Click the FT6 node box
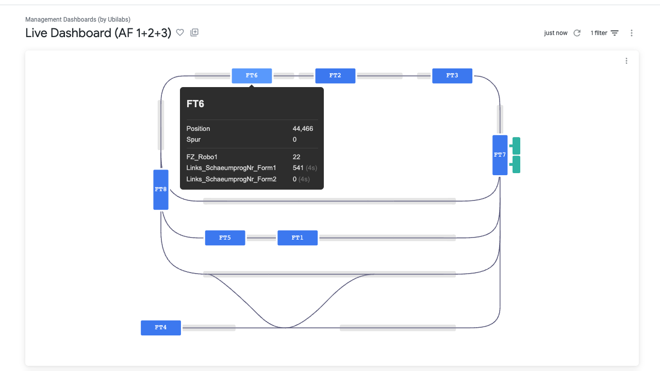pyautogui.click(x=252, y=76)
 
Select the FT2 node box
pyautogui.click(x=335, y=76)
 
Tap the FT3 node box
pyautogui.click(x=452, y=76)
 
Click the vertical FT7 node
pyautogui.click(x=500, y=155)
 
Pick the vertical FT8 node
pyautogui.click(x=161, y=190)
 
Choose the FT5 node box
pyautogui.click(x=225, y=238)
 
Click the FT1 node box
pyautogui.click(x=298, y=238)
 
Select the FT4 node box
pyautogui.click(x=161, y=328)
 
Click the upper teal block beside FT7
pyautogui.click(x=516, y=146)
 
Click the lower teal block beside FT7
pyautogui.click(x=516, y=164)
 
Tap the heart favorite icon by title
pyautogui.click(x=180, y=32)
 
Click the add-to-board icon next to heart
pyautogui.click(x=194, y=32)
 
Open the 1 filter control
pyautogui.click(x=604, y=33)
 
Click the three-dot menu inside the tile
pyautogui.click(x=626, y=61)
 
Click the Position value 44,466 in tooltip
pyautogui.click(x=303, y=129)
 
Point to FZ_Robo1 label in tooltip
pyautogui.click(x=202, y=157)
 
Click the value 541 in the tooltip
pyautogui.click(x=298, y=168)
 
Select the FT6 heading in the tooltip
pyautogui.click(x=195, y=104)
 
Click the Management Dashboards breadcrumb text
pyautogui.click(x=78, y=20)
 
